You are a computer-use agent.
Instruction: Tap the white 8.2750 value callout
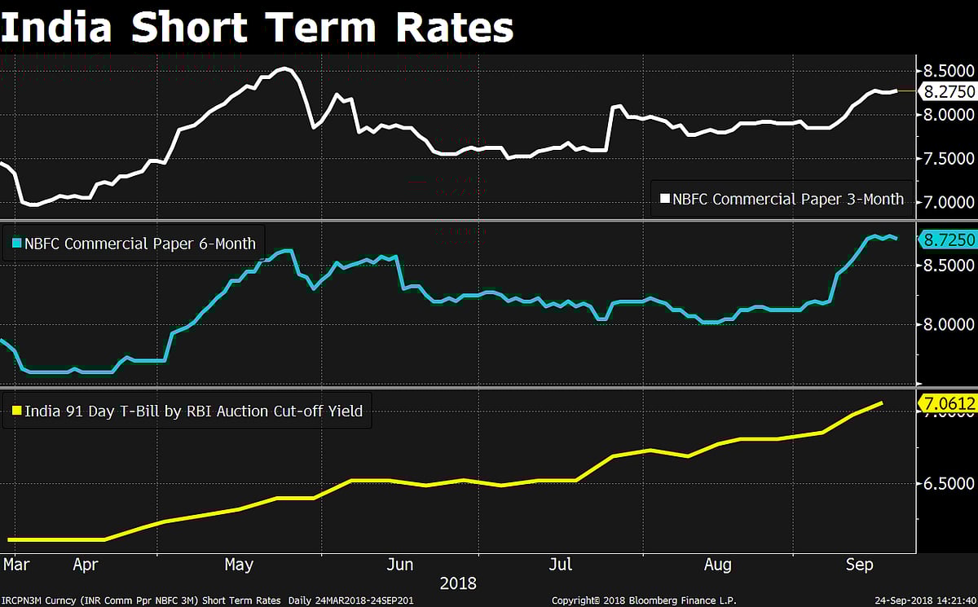pos(947,92)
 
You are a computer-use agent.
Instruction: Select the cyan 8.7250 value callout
pos(947,240)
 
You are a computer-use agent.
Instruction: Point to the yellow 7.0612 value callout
pos(947,402)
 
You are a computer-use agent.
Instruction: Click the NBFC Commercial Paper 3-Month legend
pos(781,198)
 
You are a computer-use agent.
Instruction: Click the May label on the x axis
pos(239,565)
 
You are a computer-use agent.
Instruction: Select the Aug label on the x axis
pos(717,565)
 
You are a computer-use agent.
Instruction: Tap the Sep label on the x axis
pos(860,565)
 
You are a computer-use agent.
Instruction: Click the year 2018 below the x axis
pos(458,583)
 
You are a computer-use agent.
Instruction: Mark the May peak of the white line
pos(283,69)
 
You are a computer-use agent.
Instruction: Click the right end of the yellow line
pos(882,402)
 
